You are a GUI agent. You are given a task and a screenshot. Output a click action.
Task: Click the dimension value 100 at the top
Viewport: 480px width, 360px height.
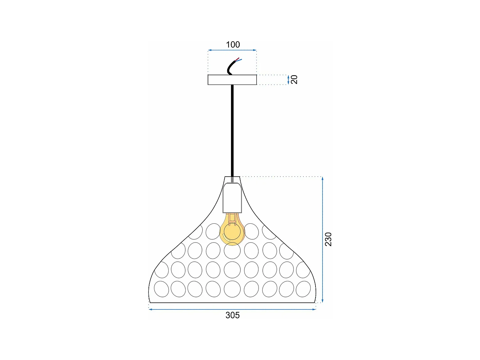point(233,44)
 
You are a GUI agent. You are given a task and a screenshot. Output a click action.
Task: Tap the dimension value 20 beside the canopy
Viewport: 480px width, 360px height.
point(294,79)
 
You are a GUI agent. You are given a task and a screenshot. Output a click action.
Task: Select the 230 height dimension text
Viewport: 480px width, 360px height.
point(328,239)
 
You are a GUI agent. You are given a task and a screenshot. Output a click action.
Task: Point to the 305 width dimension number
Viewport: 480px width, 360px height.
point(232,315)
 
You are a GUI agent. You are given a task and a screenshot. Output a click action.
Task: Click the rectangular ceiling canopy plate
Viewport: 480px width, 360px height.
point(232,80)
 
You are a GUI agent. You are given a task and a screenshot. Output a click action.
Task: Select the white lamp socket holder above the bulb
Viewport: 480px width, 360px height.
point(232,198)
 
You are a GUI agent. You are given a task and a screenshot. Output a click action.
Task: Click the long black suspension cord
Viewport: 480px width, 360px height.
point(232,131)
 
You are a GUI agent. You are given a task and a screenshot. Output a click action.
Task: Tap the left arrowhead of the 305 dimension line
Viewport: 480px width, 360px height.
point(150,309)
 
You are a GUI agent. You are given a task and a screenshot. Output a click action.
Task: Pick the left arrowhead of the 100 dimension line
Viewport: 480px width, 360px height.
point(210,50)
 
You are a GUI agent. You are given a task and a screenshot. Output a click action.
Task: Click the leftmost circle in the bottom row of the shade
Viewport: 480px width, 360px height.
point(161,289)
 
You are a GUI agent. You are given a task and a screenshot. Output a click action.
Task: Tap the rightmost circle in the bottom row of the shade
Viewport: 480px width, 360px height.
point(303,289)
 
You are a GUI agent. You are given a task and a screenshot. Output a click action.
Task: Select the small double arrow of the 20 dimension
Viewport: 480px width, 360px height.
point(288,80)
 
